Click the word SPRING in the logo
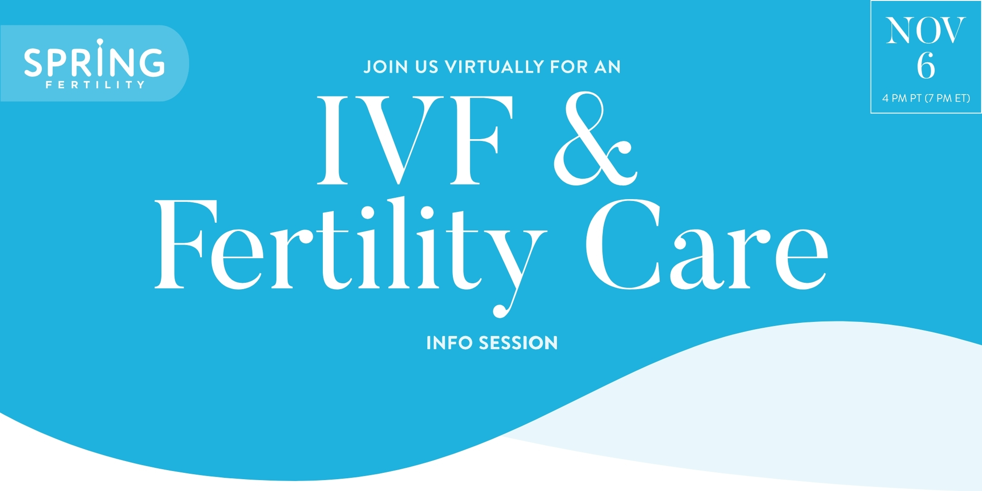94,62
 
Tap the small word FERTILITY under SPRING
95,85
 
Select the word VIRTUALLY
495,67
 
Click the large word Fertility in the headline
350,245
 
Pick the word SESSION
518,343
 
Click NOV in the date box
925,31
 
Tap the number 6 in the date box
926,66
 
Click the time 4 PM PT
902,98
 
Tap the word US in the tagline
426,67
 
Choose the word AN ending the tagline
607,67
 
